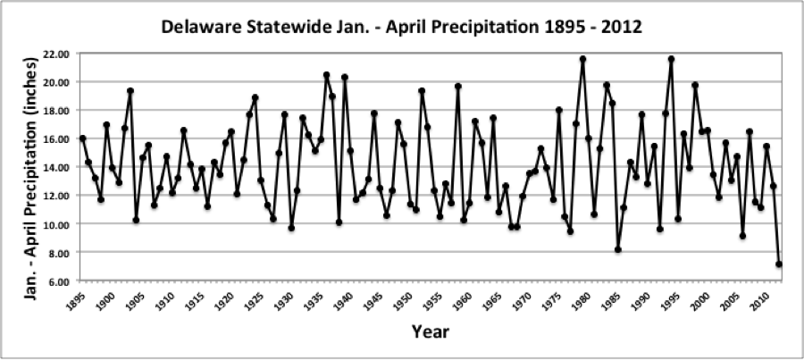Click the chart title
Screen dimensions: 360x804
point(401,27)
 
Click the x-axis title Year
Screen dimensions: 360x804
point(430,332)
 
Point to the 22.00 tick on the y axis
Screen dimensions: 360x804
point(56,54)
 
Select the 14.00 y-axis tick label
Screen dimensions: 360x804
point(56,167)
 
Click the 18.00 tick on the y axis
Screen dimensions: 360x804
point(56,110)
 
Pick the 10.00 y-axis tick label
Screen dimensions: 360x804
point(56,223)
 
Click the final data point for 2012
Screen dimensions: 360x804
point(779,264)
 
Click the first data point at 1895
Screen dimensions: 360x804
point(83,138)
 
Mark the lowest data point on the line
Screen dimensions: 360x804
point(779,264)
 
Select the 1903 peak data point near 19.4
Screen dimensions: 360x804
point(130,90)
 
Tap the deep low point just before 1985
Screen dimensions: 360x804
point(618,249)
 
